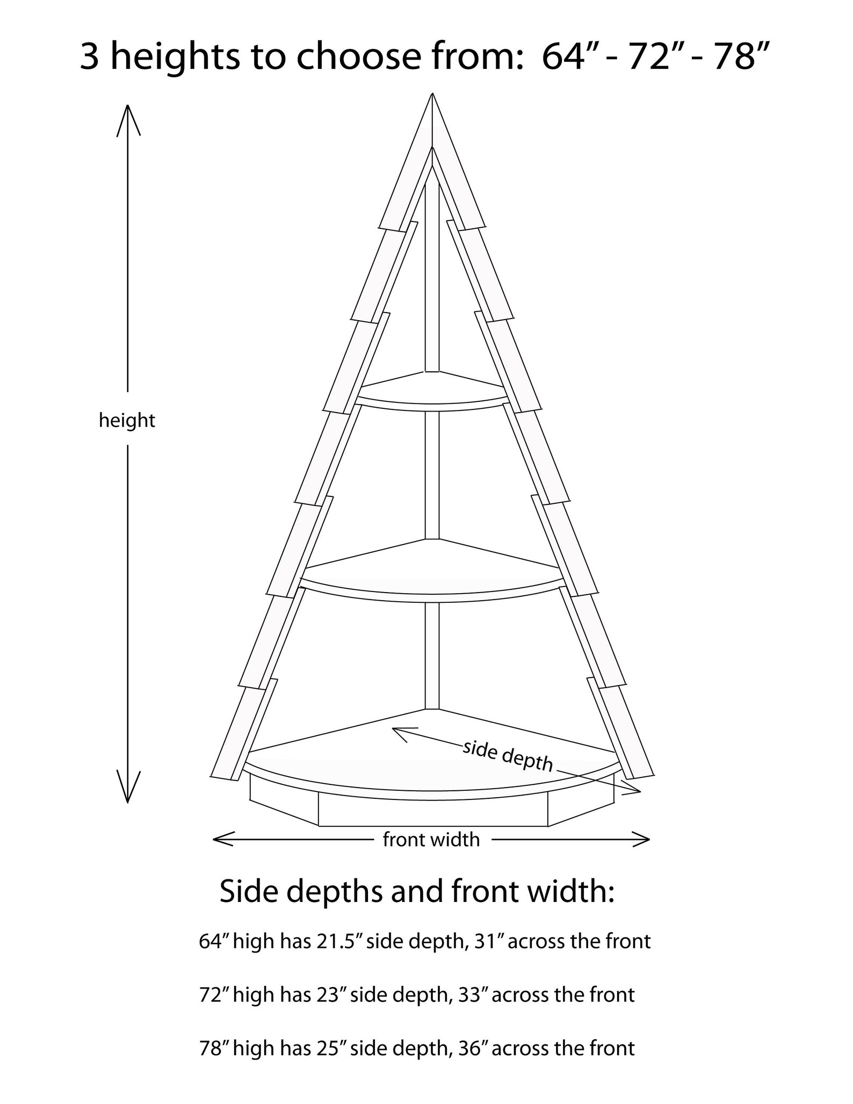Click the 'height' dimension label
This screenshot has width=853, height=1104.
(x=127, y=421)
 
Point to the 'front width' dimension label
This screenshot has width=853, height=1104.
(x=431, y=839)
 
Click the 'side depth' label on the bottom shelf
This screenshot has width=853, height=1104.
(x=507, y=756)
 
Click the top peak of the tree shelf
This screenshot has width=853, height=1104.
(x=432, y=94)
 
